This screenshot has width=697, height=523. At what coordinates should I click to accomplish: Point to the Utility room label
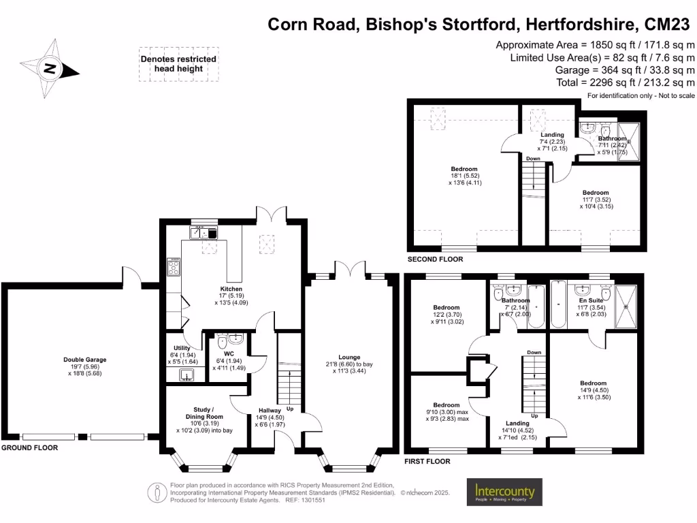pos(182,348)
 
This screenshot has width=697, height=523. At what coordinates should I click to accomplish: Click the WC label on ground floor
pos(229,354)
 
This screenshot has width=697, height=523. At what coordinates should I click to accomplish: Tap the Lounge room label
pos(348,357)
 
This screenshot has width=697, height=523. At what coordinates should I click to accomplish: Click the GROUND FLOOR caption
pos(29,448)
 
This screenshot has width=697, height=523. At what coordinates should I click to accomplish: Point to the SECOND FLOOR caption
pos(435,259)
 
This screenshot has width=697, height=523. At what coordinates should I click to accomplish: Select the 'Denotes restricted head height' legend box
pos(178,64)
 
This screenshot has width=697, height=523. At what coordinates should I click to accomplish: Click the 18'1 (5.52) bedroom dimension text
pos(464,176)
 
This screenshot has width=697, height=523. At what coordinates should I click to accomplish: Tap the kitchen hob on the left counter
pos(172,267)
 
